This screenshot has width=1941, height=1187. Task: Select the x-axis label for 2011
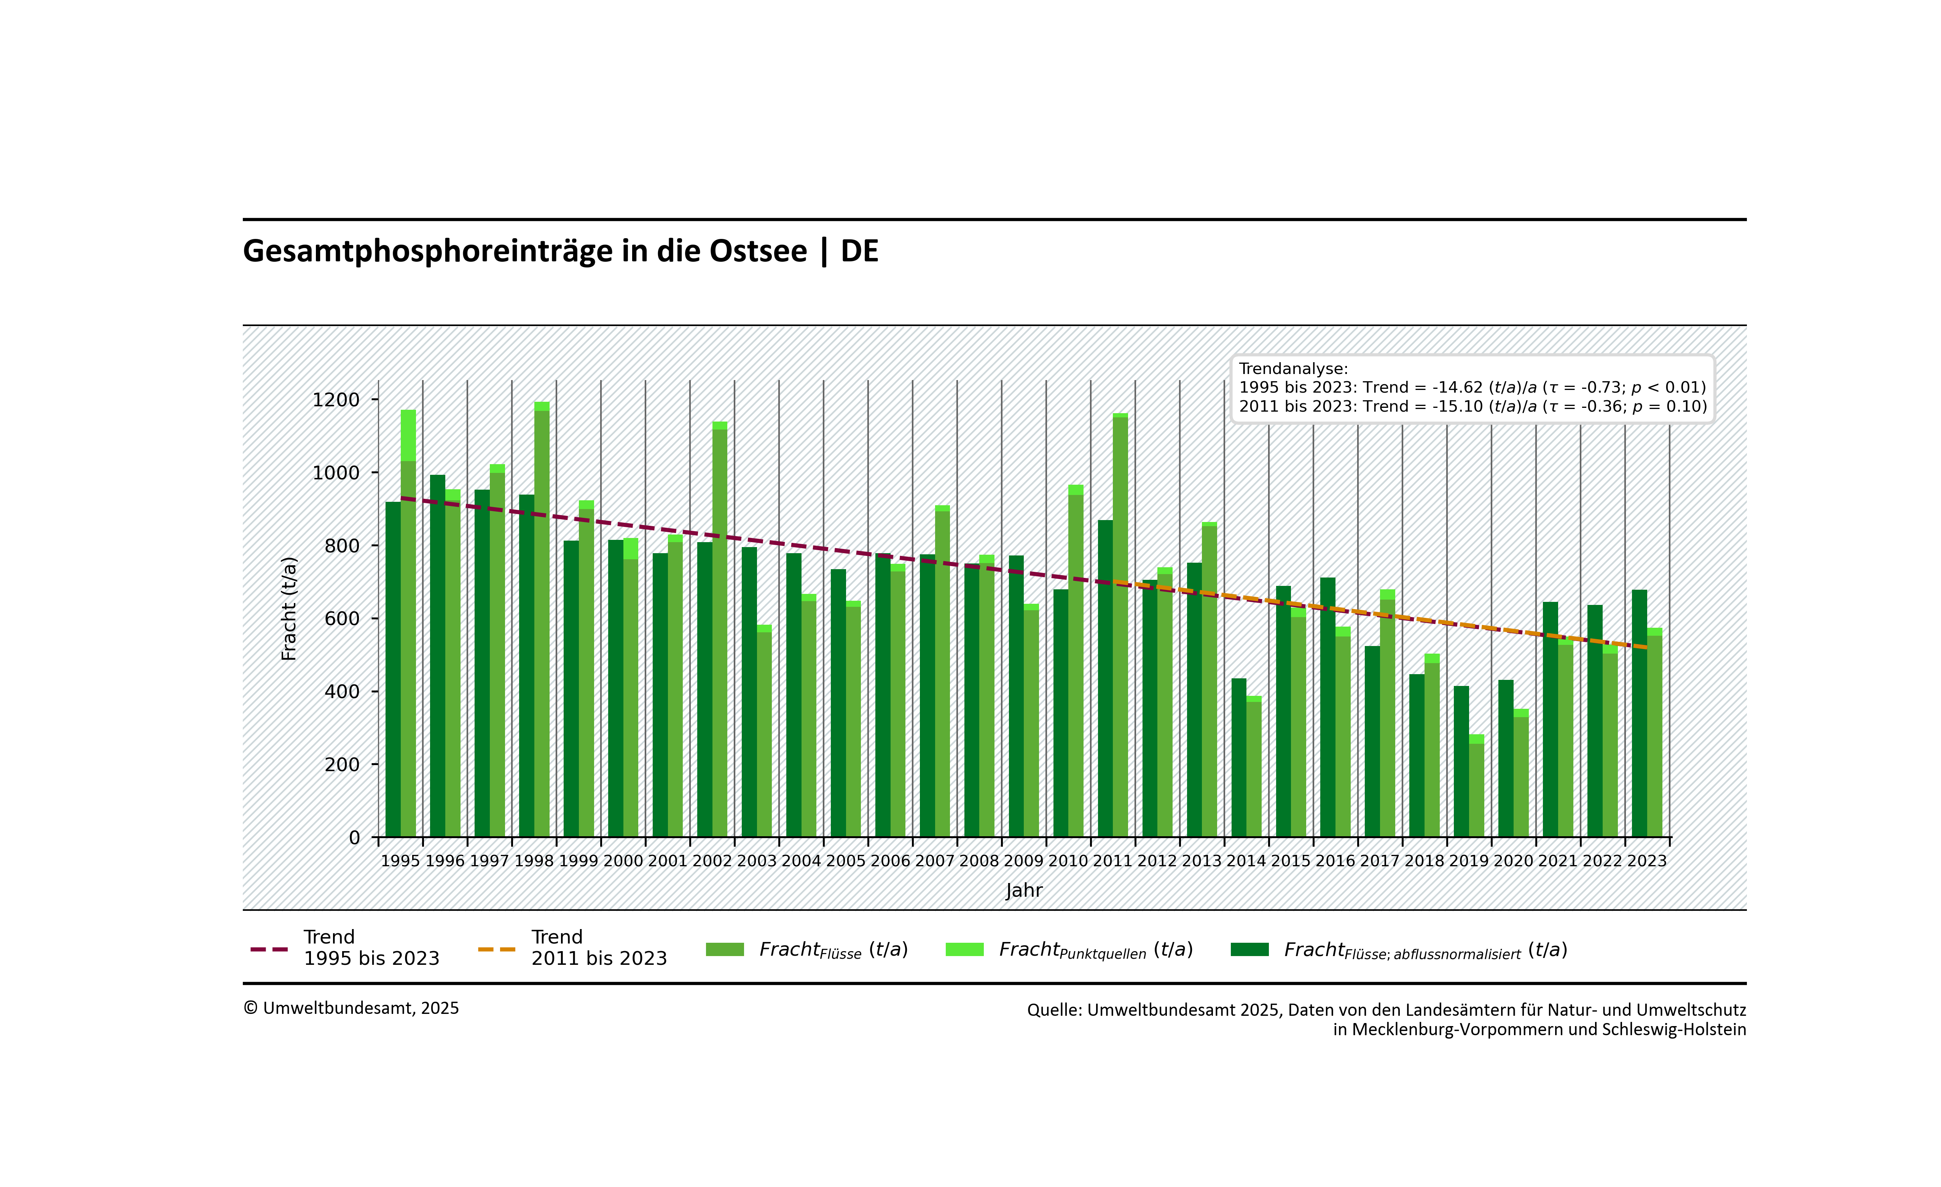1112,861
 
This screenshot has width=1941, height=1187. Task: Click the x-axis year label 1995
400,861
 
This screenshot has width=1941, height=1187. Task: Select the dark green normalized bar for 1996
437,654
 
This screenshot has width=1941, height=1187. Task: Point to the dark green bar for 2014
1238,756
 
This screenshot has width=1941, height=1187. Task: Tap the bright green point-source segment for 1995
408,435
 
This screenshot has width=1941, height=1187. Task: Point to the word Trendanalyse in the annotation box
1293,369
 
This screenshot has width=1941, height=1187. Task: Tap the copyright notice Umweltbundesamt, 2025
351,1008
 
